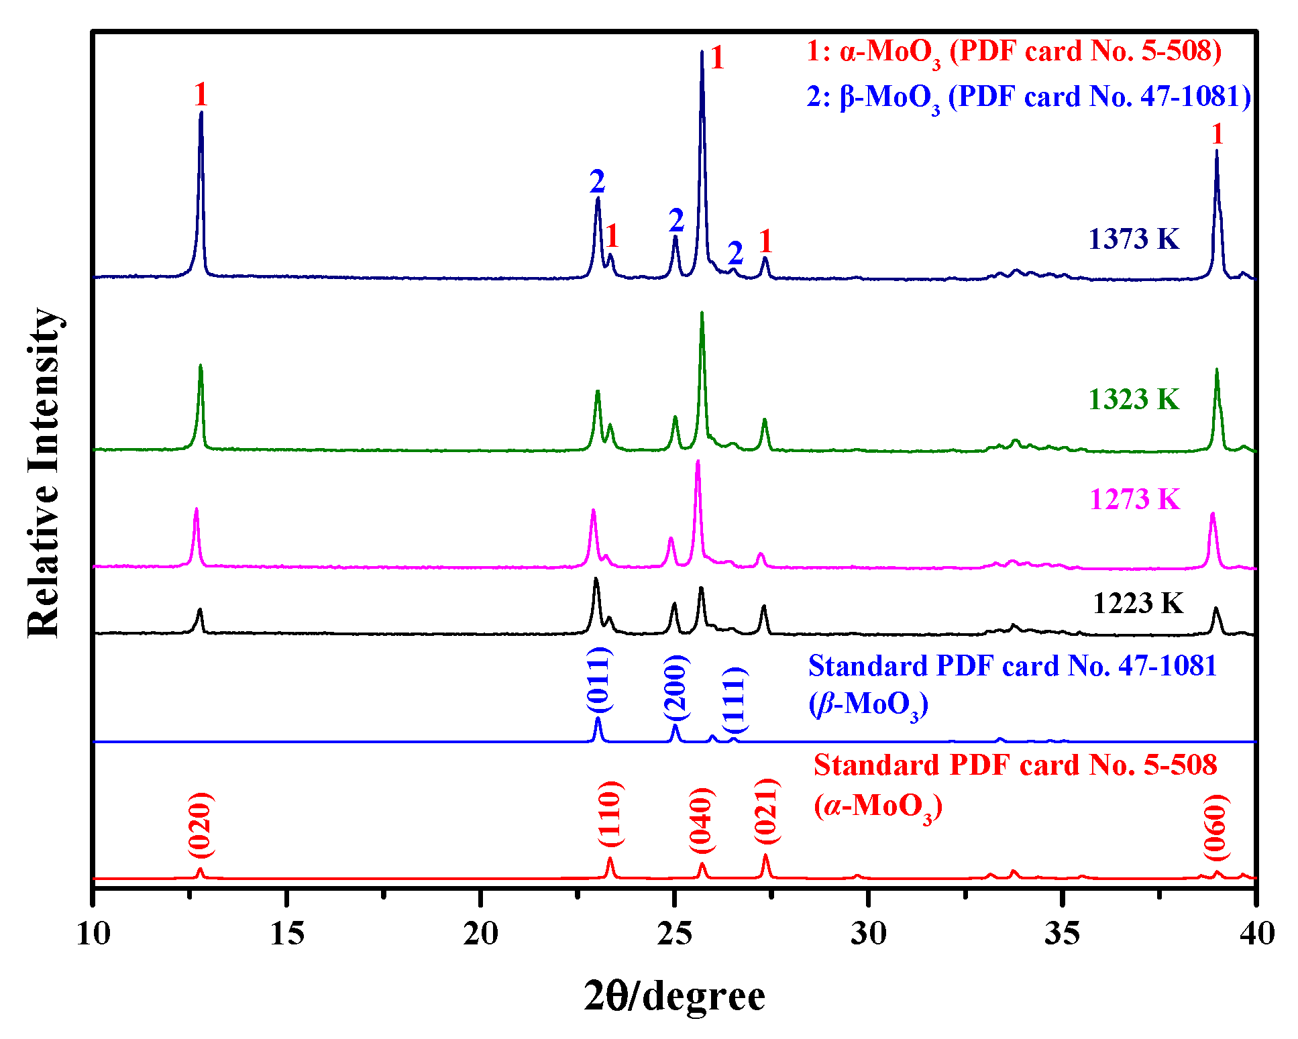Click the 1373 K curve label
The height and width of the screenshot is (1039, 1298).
(1133, 239)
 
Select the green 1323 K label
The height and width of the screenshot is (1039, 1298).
(1133, 400)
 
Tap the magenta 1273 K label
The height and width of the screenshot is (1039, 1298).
(1134, 500)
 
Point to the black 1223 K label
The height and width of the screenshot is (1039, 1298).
(1138, 604)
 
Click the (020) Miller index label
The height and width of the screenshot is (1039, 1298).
(201, 825)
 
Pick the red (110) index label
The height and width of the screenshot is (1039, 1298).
(610, 814)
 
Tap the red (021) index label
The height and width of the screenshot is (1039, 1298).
(765, 812)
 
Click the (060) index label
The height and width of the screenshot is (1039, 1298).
(1215, 827)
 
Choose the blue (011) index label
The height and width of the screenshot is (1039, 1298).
(598, 679)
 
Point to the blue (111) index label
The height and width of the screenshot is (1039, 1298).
(735, 701)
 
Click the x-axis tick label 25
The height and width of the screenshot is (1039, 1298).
(674, 934)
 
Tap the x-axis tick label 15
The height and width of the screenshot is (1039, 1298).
(287, 934)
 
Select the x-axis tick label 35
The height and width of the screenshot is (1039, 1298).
(1062, 934)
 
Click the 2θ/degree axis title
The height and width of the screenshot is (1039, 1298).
(674, 996)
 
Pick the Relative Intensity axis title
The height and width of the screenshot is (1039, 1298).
(44, 473)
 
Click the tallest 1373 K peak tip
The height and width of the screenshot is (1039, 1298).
(702, 52)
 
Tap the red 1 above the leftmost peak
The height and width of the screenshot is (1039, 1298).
(201, 95)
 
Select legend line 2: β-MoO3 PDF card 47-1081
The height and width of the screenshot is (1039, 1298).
(1028, 98)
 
